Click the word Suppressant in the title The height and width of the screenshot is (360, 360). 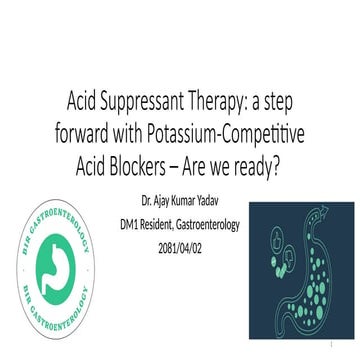(148, 102)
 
